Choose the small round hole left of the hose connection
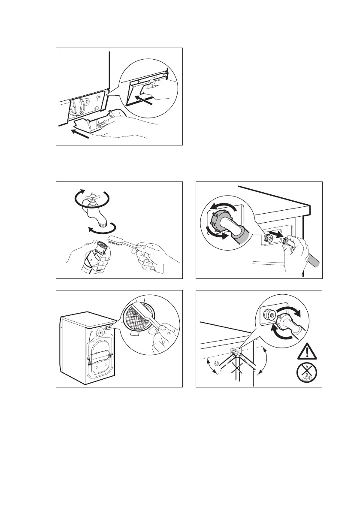tap(216, 363)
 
